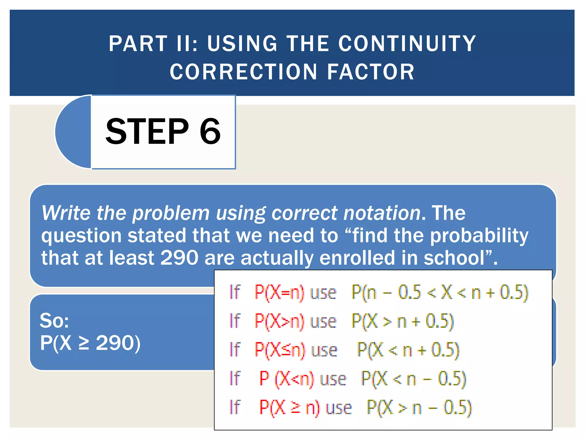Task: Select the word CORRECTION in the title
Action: click(x=243, y=72)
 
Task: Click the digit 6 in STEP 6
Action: click(x=210, y=131)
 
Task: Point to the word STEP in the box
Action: click(x=147, y=131)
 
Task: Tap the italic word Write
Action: click(x=66, y=213)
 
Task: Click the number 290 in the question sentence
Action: click(x=179, y=257)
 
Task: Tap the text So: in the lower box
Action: click(x=54, y=320)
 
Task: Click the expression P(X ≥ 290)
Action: click(x=90, y=343)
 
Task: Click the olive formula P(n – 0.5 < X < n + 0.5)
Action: click(x=440, y=293)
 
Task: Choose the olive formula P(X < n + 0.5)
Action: click(x=408, y=350)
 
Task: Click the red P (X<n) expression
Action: click(x=286, y=379)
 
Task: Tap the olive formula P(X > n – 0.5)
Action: click(x=419, y=408)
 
